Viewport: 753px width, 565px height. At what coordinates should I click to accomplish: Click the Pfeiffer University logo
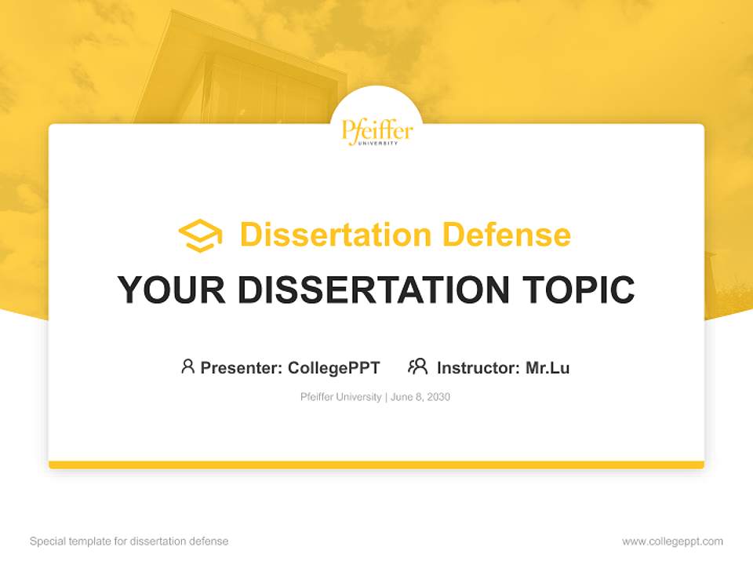click(x=376, y=131)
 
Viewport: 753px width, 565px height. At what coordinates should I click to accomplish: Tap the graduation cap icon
click(x=200, y=235)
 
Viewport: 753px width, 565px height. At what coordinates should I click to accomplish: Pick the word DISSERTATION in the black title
click(x=373, y=290)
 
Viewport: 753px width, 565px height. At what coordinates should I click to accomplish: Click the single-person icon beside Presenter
click(x=187, y=366)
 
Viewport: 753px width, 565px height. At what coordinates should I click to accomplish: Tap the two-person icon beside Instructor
click(x=417, y=366)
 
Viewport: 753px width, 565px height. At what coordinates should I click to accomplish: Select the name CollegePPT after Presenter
click(x=334, y=367)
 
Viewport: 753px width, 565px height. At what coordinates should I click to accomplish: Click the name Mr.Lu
click(x=547, y=367)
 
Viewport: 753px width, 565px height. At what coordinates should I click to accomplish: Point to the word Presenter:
click(x=242, y=367)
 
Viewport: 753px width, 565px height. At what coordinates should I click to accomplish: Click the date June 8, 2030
click(x=420, y=397)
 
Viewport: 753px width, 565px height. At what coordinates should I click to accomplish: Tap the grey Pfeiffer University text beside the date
click(x=340, y=397)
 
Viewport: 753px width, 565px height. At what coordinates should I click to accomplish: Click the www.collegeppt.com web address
click(x=672, y=541)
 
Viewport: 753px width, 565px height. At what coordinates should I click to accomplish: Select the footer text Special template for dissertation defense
click(x=129, y=541)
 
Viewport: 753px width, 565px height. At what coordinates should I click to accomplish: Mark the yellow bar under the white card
click(x=376, y=465)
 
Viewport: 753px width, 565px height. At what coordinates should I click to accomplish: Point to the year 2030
click(x=439, y=397)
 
